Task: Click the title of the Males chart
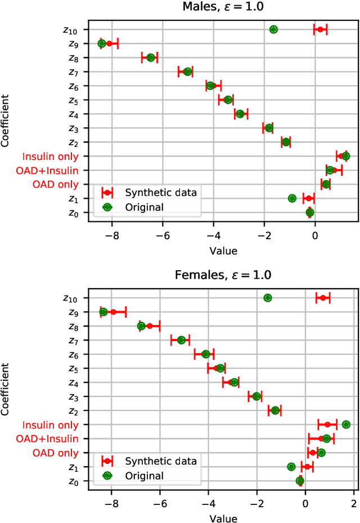point(223,7)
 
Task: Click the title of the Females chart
point(223,275)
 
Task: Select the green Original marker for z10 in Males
point(273,29)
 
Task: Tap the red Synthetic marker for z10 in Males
point(320,29)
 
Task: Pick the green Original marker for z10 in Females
point(268,298)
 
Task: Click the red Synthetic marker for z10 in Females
point(323,298)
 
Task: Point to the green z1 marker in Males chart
point(292,198)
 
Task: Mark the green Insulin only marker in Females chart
point(346,424)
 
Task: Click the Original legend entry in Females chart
point(144,476)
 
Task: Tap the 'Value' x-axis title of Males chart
point(223,251)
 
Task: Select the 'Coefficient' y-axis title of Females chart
point(6,389)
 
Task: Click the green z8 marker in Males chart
point(150,57)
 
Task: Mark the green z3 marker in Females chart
point(256,396)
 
